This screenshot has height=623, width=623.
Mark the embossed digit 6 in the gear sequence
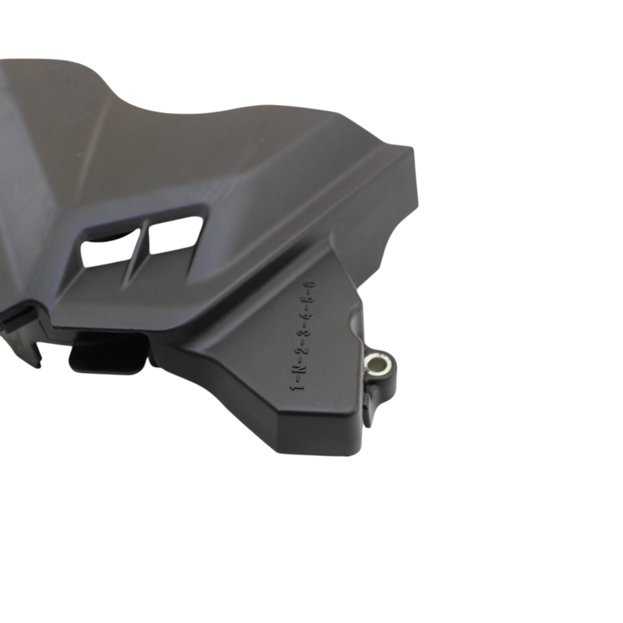[x=312, y=284]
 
